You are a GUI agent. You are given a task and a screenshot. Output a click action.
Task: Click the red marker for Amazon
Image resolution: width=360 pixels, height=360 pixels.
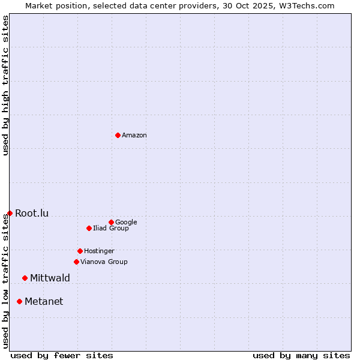[x=118, y=135]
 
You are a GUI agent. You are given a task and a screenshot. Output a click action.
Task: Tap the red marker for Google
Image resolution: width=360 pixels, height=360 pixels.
[x=111, y=222]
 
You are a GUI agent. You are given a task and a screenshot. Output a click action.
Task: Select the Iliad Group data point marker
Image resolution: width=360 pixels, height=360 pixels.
[x=89, y=228]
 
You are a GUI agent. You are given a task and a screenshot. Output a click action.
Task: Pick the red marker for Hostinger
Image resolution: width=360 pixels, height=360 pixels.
[x=80, y=251]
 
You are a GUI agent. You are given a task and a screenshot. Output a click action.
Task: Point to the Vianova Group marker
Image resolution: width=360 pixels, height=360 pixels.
[x=76, y=262]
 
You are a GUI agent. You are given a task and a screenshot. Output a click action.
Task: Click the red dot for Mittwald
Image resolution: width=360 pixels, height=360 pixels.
[x=25, y=278]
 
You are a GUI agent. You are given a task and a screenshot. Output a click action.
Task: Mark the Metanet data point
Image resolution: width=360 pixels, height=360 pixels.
[x=20, y=301]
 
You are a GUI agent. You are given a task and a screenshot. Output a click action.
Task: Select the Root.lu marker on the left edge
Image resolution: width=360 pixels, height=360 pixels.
[x=10, y=213]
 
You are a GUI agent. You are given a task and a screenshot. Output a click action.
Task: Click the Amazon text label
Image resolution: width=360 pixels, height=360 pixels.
[x=134, y=136]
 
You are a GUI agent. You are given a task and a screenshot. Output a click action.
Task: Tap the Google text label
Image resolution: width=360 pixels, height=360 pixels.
[x=126, y=223]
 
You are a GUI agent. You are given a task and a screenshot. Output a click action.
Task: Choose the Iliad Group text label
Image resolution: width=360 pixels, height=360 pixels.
[x=111, y=229]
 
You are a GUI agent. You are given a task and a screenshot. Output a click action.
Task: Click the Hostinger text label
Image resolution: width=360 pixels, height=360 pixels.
[x=99, y=251]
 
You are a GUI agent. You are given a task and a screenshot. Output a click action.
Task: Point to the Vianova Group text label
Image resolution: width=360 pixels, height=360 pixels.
[x=104, y=262]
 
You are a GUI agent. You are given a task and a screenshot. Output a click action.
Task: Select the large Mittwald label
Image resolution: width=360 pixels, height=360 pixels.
[x=50, y=278]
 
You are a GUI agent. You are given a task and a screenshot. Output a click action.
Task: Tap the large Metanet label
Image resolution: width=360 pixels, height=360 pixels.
[x=44, y=302]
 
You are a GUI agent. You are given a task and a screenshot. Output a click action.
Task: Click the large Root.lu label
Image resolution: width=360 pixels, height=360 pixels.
[x=32, y=214]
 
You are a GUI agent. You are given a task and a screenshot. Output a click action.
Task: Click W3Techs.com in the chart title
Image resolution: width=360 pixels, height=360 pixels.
[x=305, y=5]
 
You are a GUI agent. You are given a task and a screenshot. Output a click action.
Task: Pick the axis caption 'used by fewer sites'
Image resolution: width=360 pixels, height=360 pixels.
[x=62, y=355]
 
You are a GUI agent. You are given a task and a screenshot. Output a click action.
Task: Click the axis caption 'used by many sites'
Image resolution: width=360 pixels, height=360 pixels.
[x=301, y=355]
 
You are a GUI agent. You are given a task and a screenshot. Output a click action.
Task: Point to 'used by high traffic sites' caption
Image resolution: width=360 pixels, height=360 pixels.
[x=5, y=86]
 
